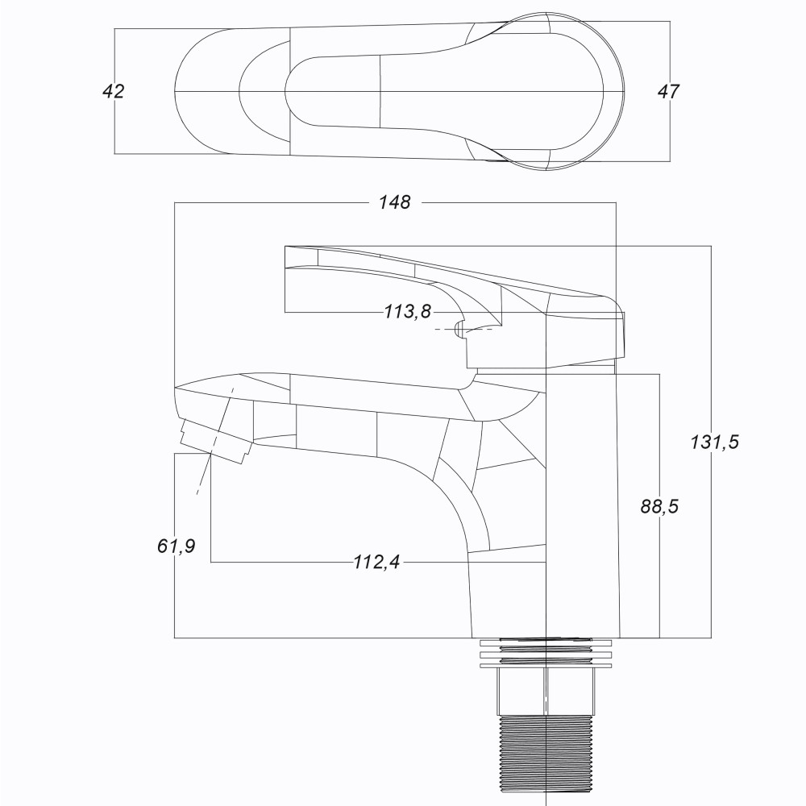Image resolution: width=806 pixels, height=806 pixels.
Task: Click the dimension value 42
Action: pos(114,91)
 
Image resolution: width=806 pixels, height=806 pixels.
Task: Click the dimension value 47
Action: pos(668,92)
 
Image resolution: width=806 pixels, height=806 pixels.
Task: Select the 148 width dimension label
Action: pos(395,202)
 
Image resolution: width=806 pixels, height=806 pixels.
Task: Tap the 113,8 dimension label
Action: pos(408,311)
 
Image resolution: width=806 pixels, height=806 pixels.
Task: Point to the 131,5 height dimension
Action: pos(714,442)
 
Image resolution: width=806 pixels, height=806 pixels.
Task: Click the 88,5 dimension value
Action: pos(659,506)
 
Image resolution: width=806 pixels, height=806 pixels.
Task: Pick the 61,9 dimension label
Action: pos(177,546)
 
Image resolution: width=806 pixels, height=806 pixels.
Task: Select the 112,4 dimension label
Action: pos(376,562)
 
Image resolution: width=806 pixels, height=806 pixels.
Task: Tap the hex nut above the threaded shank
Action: pos(545,692)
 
